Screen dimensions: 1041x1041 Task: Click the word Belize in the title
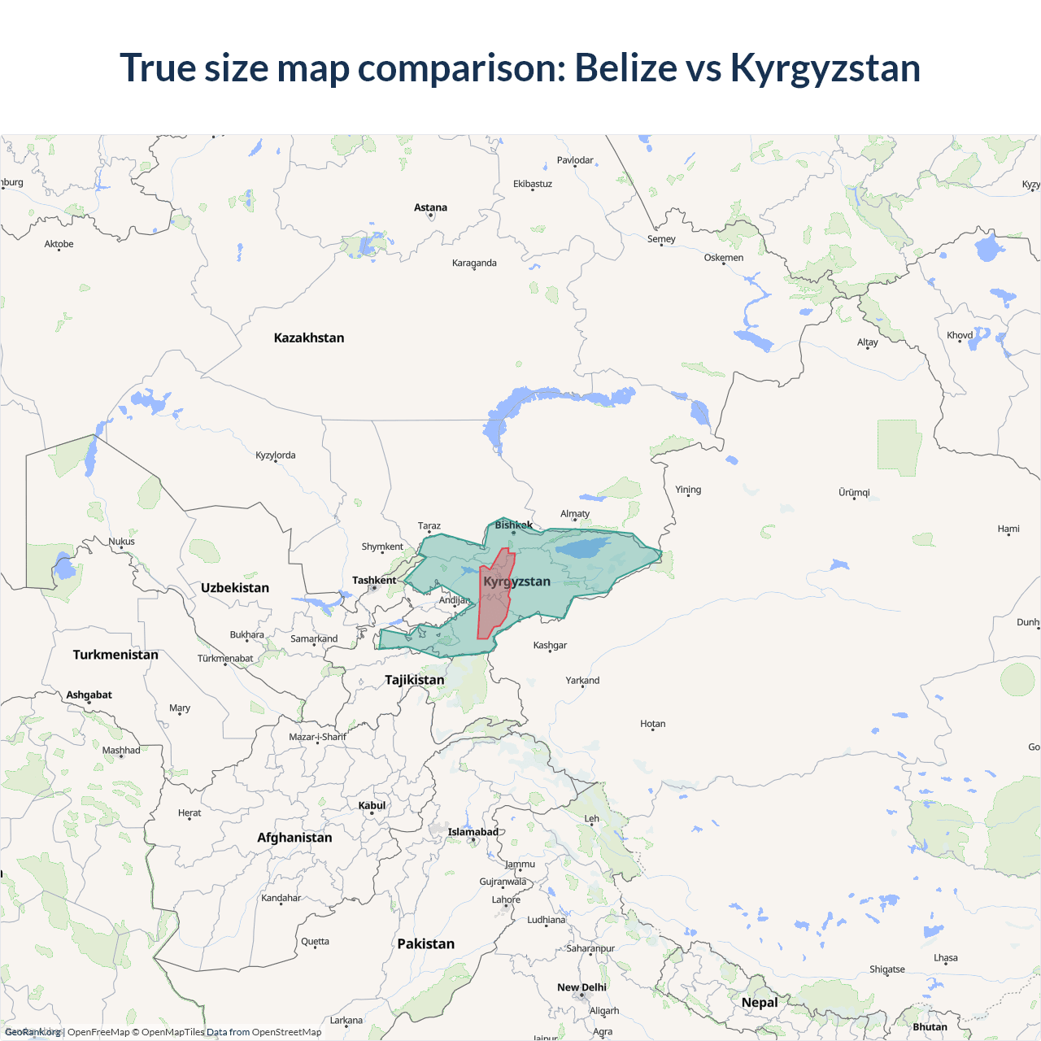tap(625, 68)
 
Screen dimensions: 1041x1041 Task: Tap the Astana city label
tap(430, 207)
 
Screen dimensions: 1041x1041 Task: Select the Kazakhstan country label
tap(309, 338)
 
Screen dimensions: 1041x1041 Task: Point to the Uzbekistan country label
tap(235, 587)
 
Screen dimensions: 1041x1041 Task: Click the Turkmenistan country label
tap(115, 655)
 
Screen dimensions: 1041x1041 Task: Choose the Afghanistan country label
tap(294, 837)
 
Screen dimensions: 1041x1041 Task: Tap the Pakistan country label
tap(425, 943)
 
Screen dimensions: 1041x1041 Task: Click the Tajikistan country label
tap(415, 679)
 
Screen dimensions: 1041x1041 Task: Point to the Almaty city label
tap(575, 513)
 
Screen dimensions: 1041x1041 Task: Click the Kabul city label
tap(372, 805)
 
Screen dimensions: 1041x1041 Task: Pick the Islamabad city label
tap(473, 831)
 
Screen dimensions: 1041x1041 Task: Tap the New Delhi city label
tap(581, 987)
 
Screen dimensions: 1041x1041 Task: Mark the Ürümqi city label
tap(854, 492)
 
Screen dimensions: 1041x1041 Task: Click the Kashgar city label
tap(550, 645)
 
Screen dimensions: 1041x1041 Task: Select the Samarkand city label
tap(314, 638)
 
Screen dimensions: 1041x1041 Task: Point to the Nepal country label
tap(760, 1002)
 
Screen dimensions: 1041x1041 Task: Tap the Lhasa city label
tap(945, 957)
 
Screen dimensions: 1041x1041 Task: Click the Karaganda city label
tap(474, 263)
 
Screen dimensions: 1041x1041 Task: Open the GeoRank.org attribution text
tap(33, 1032)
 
